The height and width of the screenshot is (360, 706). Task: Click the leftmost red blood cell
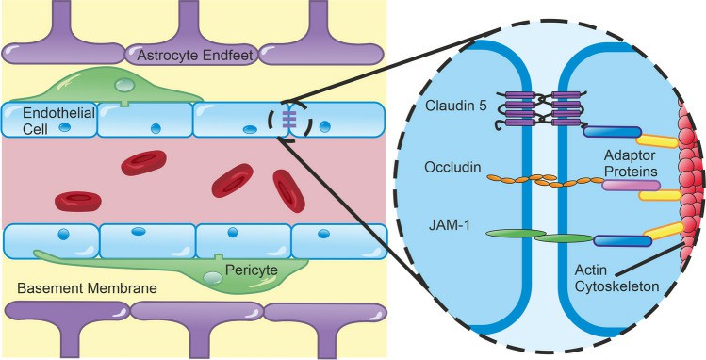78,201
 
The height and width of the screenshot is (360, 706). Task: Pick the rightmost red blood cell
289,190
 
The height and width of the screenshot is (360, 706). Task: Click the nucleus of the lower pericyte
214,278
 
